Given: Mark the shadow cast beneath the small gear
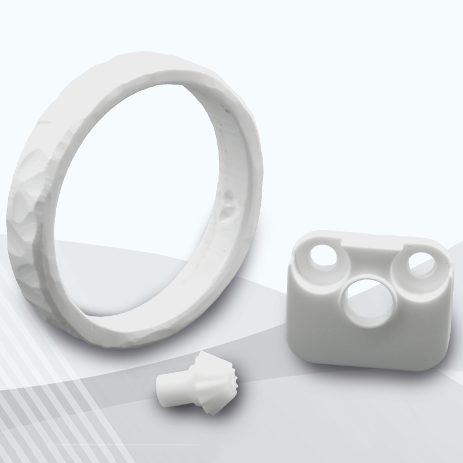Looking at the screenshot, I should (191, 414).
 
